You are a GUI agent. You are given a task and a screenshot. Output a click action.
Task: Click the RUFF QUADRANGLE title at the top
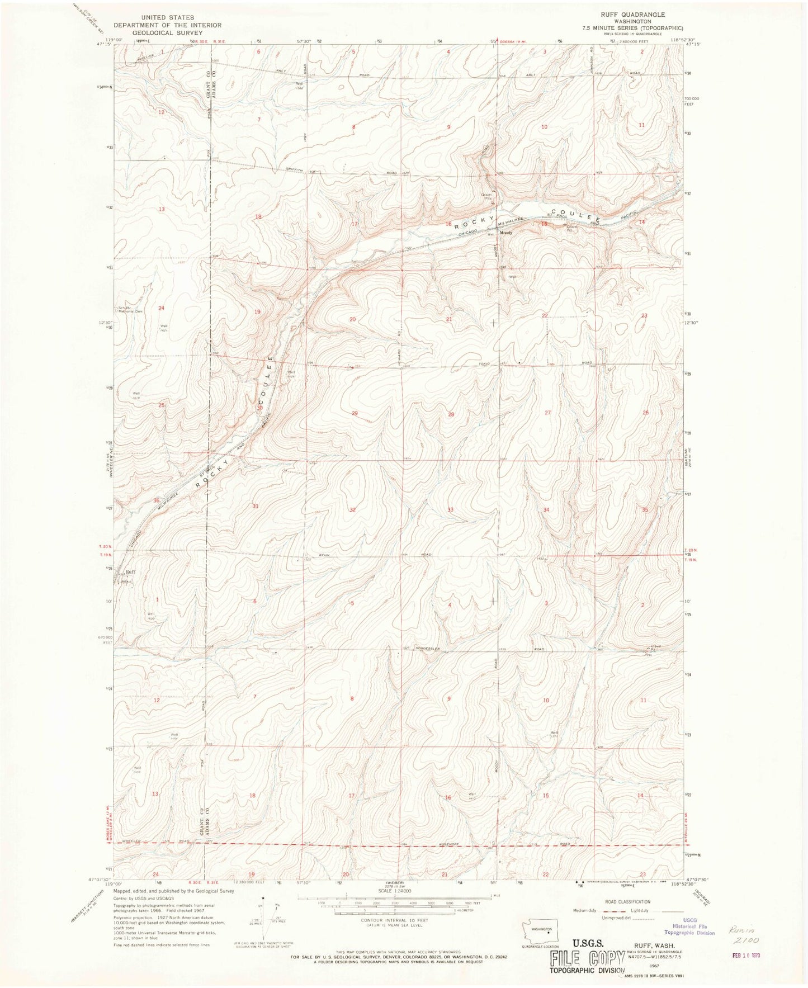coord(633,15)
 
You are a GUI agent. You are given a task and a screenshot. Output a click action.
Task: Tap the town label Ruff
coord(131,572)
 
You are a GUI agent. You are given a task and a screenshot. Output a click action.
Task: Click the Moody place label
coord(506,233)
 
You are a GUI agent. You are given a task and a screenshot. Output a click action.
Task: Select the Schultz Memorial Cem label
coord(130,310)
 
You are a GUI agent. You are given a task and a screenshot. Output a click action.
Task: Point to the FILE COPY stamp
coord(587,958)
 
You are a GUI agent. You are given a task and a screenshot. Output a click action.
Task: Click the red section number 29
coord(355,413)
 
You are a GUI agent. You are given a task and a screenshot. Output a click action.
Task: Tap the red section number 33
coord(451,510)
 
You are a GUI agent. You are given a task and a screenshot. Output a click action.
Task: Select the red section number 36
coord(157,500)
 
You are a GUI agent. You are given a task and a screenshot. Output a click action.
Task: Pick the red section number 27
coord(548,413)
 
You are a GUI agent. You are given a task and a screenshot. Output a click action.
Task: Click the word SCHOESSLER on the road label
coord(428,649)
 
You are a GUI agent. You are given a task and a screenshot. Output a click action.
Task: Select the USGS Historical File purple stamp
coord(689,929)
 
